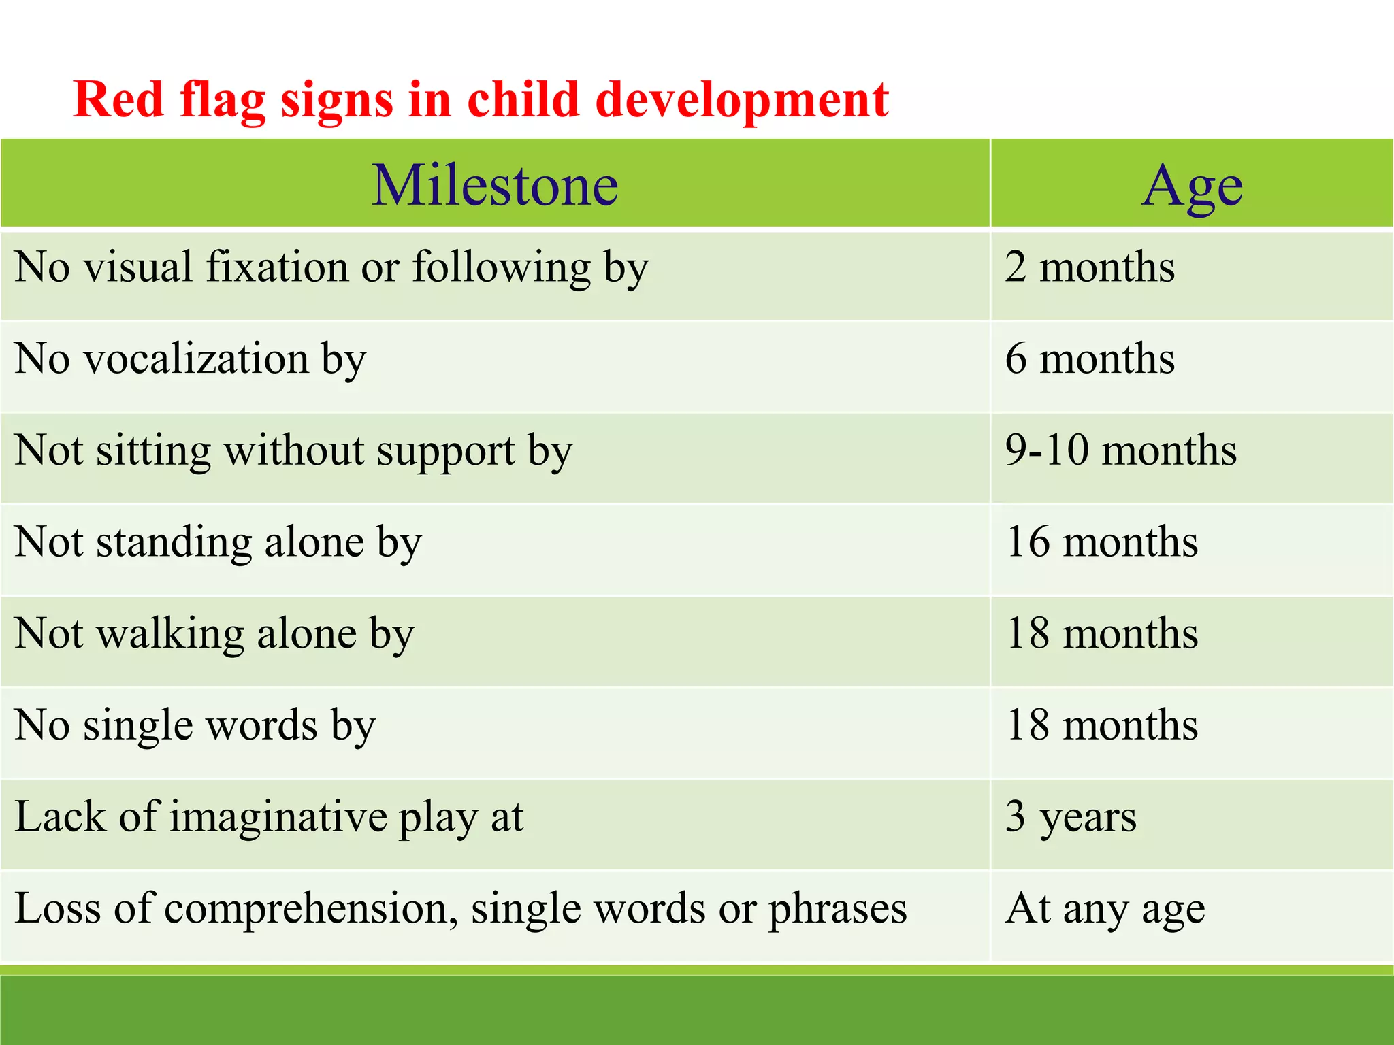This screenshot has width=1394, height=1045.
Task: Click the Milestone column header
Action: pyautogui.click(x=495, y=185)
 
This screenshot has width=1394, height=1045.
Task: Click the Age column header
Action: pyautogui.click(x=1193, y=185)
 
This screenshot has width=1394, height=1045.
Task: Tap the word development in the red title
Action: pyautogui.click(x=742, y=99)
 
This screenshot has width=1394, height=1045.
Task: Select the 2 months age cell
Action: pyautogui.click(x=1090, y=267)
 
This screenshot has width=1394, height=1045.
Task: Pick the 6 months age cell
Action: pyautogui.click(x=1090, y=359)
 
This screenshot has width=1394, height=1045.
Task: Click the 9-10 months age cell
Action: pyautogui.click(x=1120, y=450)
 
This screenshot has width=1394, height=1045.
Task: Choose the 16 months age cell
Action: pyautogui.click(x=1101, y=542)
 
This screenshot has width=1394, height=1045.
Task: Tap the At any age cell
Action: pyautogui.click(x=1105, y=908)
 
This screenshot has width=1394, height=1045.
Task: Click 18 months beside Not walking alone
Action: pyautogui.click(x=1101, y=633)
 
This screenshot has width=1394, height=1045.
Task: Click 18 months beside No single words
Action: pyautogui.click(x=1101, y=725)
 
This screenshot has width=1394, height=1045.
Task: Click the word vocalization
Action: pyautogui.click(x=196, y=359)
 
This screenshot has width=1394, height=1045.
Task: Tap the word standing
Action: pyautogui.click(x=174, y=543)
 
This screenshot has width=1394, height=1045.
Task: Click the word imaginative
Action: pyautogui.click(x=278, y=817)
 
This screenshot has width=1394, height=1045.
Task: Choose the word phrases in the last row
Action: pyautogui.click(x=837, y=909)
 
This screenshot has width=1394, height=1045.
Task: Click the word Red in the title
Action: pyautogui.click(x=118, y=99)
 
